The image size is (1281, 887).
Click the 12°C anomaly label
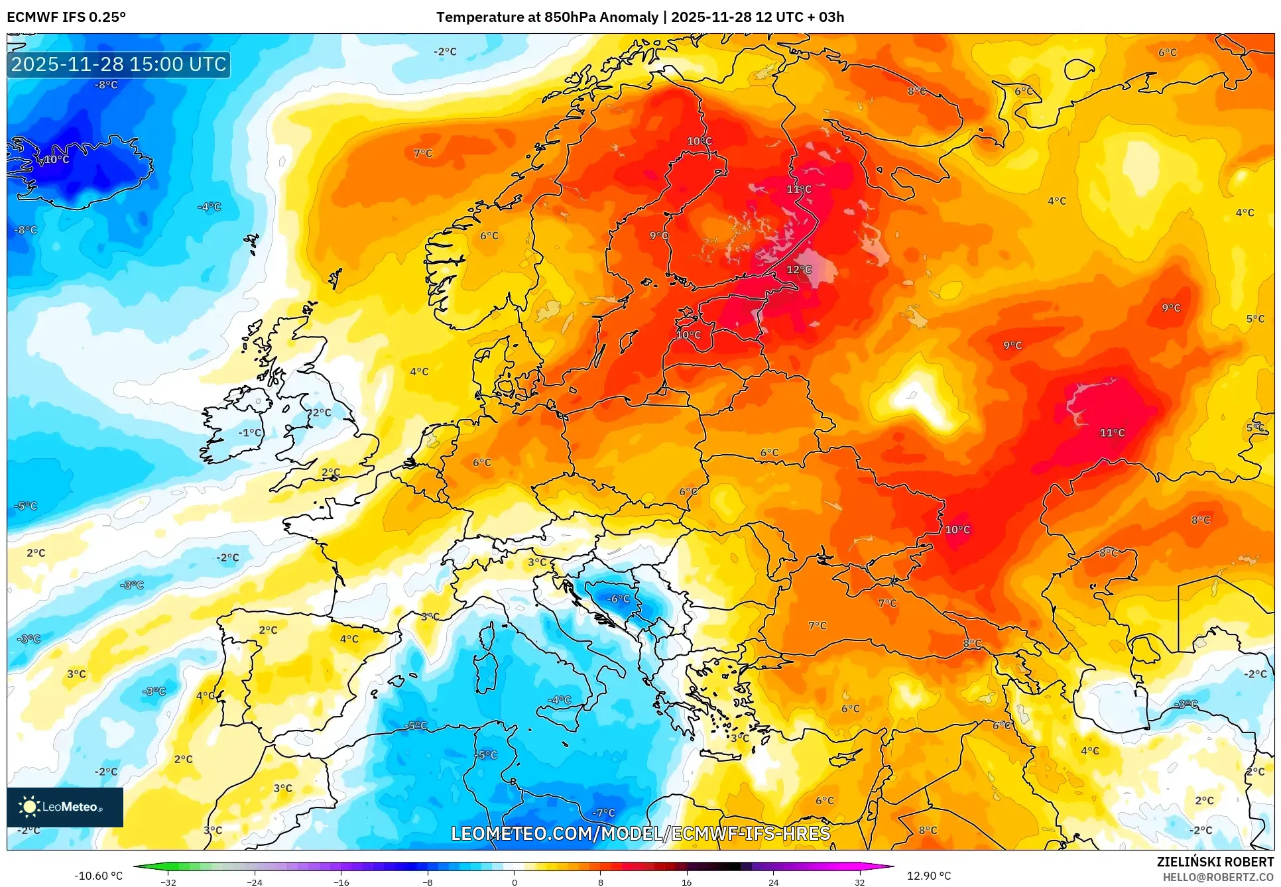[798, 269]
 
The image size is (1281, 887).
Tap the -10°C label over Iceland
[54, 160]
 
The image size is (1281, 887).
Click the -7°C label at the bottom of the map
[603, 813]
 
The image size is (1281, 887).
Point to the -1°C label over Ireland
[249, 432]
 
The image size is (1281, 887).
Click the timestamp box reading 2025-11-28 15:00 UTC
[119, 64]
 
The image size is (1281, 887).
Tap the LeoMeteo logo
[65, 807]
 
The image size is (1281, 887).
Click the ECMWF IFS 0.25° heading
[66, 17]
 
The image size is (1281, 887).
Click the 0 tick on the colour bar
[514, 882]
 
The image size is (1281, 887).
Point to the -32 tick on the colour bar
[168, 882]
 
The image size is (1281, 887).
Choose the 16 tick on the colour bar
[686, 882]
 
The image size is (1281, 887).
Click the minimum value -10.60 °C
[98, 876]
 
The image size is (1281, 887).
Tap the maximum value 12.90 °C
[928, 876]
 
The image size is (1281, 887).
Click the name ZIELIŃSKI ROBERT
[1215, 862]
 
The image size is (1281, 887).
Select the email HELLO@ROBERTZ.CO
[1217, 877]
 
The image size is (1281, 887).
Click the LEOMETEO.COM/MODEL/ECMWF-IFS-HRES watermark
[640, 833]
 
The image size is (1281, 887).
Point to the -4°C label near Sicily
[559, 700]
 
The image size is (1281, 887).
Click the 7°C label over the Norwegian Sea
[422, 153]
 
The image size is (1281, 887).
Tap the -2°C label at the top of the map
[445, 52]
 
